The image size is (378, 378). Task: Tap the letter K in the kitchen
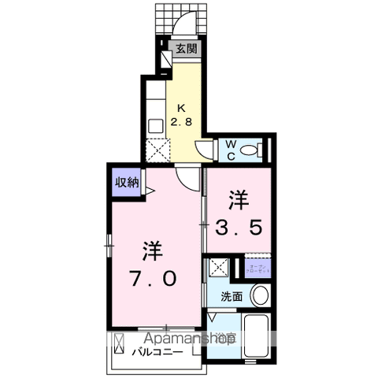coord(182,108)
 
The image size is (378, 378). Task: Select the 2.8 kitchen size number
coord(183,121)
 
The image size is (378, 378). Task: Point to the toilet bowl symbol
coord(253,149)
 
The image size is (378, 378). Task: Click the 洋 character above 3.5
coord(240,197)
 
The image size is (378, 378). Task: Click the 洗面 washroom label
coord(231,297)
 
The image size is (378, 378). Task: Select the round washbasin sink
coord(259,297)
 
